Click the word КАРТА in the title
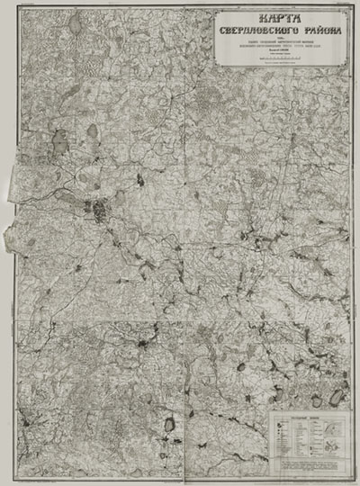coord(282,19)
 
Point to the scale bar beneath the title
coord(282,60)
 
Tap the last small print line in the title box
coord(282,65)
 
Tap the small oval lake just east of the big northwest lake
coord(92,133)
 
